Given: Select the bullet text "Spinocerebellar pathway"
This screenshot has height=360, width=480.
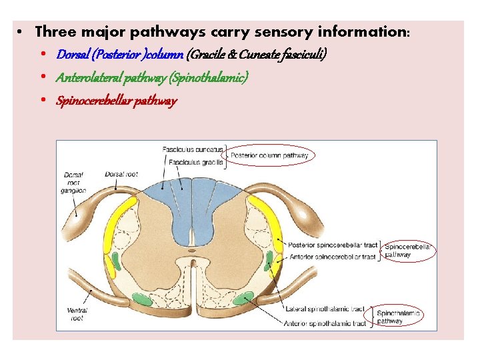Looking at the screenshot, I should (x=117, y=101).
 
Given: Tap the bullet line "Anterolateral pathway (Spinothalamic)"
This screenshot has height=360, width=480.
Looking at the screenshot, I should (x=153, y=78).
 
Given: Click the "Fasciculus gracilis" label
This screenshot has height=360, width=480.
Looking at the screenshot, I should (x=195, y=162).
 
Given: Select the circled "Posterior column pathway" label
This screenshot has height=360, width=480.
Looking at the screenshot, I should (x=269, y=156).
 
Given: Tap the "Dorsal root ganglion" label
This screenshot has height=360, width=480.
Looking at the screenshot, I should (x=74, y=182).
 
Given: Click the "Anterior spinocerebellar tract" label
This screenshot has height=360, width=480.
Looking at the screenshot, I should (x=332, y=256).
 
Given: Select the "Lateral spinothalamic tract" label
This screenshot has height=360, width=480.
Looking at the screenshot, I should (x=325, y=309).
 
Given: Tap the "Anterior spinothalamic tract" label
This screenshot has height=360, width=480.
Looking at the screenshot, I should (x=325, y=323).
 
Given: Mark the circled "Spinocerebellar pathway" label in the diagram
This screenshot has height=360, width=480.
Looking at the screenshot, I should (x=407, y=250).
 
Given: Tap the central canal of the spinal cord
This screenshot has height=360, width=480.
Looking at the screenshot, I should (x=191, y=252).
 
